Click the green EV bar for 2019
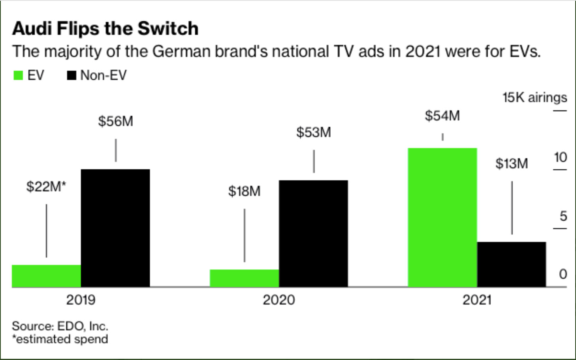[x=46, y=276]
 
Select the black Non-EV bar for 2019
[x=115, y=228]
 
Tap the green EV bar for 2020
[x=244, y=278]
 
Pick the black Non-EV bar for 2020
[x=313, y=233]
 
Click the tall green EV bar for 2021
[x=442, y=217]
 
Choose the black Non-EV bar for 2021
[x=512, y=264]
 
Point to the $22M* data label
[x=46, y=186]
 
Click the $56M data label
[x=115, y=121]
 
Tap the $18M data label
[x=244, y=191]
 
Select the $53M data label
[x=314, y=133]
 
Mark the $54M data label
[x=442, y=116]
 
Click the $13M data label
[x=512, y=163]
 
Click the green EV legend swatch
[x=18, y=75]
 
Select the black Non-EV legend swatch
[x=72, y=75]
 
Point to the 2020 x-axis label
[x=279, y=300]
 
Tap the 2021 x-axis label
[x=477, y=300]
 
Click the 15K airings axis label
[x=535, y=97]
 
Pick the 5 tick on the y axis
[x=563, y=216]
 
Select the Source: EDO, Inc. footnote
[x=60, y=326]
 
